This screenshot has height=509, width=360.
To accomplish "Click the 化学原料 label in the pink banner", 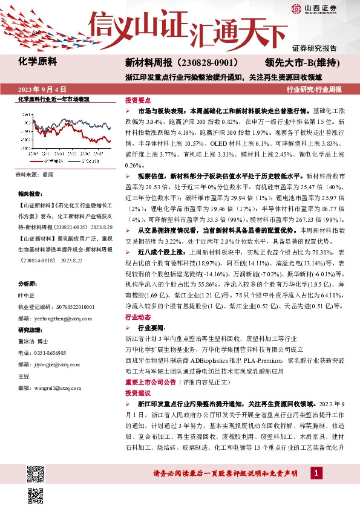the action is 38,61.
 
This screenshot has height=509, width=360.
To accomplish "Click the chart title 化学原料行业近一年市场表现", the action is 54,99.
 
